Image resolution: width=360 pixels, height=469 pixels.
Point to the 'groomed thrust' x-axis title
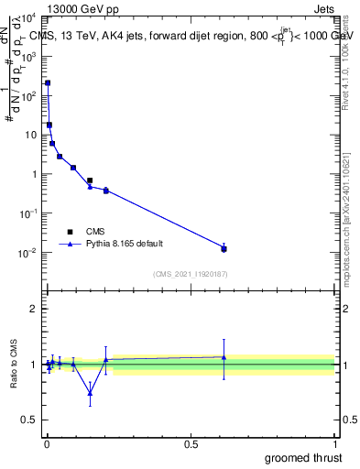pyautogui.click(x=305, y=457)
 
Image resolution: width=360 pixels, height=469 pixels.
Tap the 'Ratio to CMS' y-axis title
pyautogui.click(x=15, y=365)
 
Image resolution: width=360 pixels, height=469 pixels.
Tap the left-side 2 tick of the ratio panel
pyautogui.click(x=34, y=309)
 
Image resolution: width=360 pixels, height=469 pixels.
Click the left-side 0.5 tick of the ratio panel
pyautogui.click(x=31, y=420)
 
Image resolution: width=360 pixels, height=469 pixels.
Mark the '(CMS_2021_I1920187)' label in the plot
pyautogui.click(x=190, y=274)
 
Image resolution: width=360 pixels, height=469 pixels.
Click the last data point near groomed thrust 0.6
pyautogui.click(x=224, y=248)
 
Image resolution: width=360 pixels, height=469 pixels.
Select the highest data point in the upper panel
pyautogui.click(x=48, y=82)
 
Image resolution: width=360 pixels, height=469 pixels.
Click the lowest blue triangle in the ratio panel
pyautogui.click(x=90, y=393)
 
